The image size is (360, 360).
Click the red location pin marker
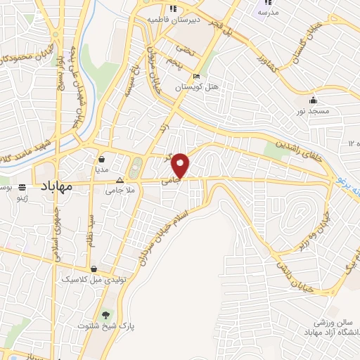coord(182,165)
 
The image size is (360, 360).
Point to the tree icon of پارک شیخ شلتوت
coord(107,315)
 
